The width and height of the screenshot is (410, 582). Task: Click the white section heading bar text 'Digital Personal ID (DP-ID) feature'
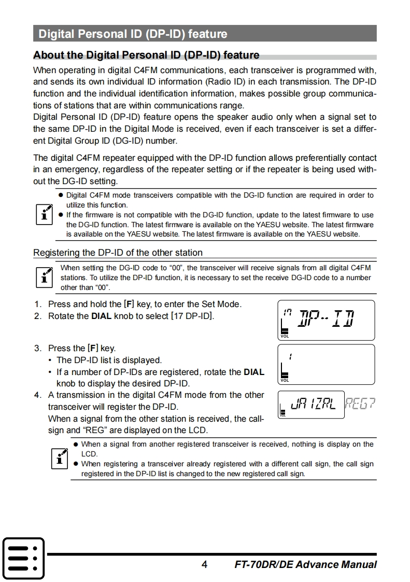(x=133, y=34)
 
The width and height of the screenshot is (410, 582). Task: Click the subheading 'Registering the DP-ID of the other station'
(x=118, y=253)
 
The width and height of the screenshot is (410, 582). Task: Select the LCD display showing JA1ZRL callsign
(x=311, y=405)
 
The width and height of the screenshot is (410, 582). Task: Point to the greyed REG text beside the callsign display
(x=360, y=405)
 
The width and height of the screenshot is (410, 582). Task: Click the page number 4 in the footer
(x=204, y=564)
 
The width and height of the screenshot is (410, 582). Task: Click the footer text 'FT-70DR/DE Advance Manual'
(x=305, y=564)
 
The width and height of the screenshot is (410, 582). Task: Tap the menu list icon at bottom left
(x=23, y=558)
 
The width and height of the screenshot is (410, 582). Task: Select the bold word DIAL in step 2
(x=101, y=315)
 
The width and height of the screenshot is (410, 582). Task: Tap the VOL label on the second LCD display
(x=285, y=380)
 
